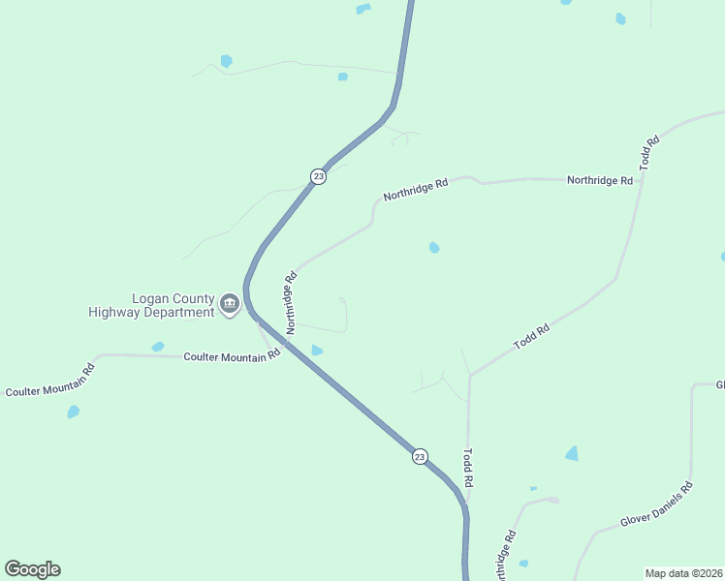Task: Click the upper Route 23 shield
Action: pyautogui.click(x=318, y=176)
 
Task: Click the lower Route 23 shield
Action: pyautogui.click(x=419, y=456)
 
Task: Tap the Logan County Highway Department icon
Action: pyautogui.click(x=230, y=305)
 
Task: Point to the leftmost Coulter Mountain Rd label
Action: pyautogui.click(x=50, y=380)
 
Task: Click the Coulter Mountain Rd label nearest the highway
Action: pyautogui.click(x=232, y=355)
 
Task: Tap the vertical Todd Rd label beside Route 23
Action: pyautogui.click(x=468, y=468)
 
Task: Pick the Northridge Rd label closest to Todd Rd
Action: pyautogui.click(x=600, y=180)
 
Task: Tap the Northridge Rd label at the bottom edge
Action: pyautogui.click(x=505, y=556)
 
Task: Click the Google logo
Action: pyautogui.click(x=32, y=569)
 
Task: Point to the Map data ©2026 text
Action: pyautogui.click(x=683, y=572)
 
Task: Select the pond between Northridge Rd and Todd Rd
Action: pyautogui.click(x=434, y=248)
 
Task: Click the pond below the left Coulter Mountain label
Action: pyautogui.click(x=73, y=412)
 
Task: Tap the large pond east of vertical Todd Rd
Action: pyautogui.click(x=572, y=453)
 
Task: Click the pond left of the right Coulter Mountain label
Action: pyautogui.click(x=158, y=347)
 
